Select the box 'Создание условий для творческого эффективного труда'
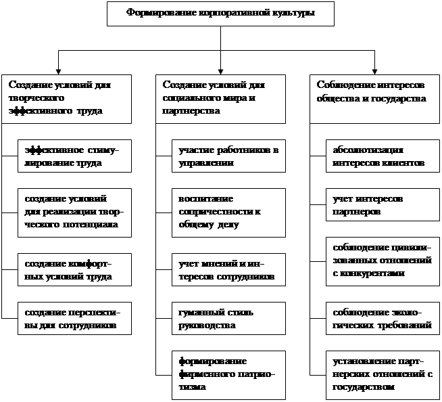(66, 99)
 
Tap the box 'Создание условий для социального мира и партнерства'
(220, 99)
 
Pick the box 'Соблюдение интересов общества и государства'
(374, 99)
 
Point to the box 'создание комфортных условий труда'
(74, 269)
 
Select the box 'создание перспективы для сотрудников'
(74, 319)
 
